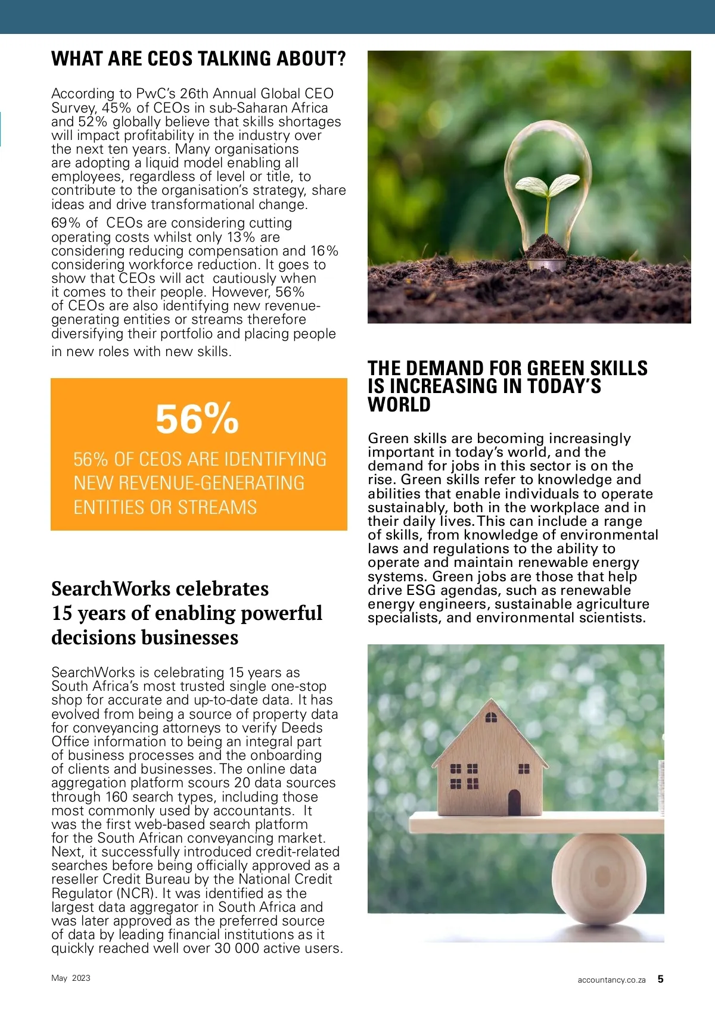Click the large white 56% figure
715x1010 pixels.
coord(197,419)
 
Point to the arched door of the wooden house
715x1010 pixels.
coord(514,802)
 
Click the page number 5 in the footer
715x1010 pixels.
coord(660,979)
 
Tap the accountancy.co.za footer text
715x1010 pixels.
coord(611,980)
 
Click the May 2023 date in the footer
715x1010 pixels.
coord(71,978)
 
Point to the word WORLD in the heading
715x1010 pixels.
coord(399,404)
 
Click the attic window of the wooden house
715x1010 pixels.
coord(491,718)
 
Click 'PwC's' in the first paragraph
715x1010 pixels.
coord(156,93)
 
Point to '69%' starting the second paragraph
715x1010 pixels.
coord(66,223)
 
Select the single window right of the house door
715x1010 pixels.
coord(524,769)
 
